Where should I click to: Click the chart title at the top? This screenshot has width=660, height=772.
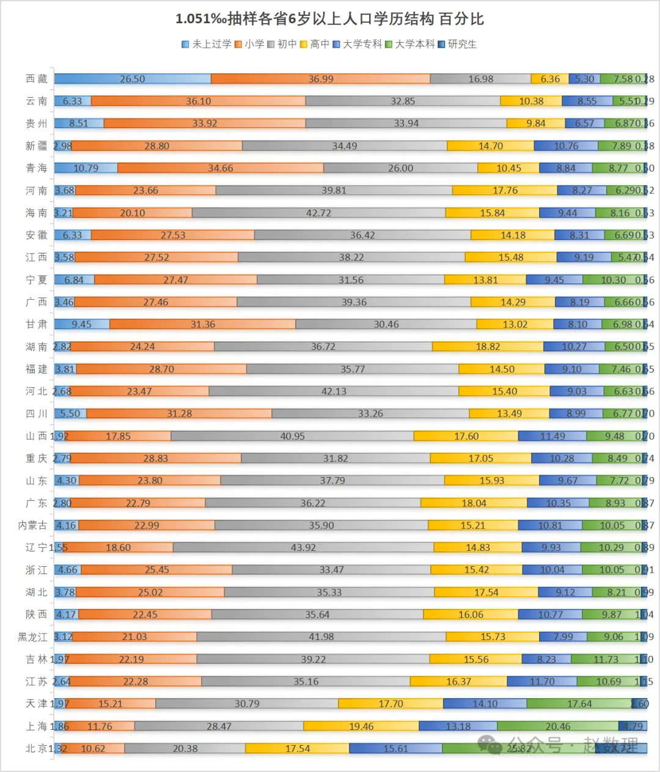(x=329, y=19)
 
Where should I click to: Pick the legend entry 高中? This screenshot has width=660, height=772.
(x=315, y=44)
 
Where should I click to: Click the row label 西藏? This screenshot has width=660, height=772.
(x=36, y=79)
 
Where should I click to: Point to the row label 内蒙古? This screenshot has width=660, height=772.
(x=32, y=525)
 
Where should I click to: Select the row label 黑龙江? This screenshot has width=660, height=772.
(x=32, y=637)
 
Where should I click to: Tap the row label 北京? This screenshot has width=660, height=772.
(x=36, y=748)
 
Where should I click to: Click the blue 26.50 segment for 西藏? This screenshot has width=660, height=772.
(x=133, y=79)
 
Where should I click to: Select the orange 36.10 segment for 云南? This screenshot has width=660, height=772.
(x=199, y=101)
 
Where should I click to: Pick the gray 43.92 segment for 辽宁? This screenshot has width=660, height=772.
(x=303, y=547)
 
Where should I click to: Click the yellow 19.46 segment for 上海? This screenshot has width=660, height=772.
(x=361, y=726)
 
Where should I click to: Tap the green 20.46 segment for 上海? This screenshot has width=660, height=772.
(x=558, y=726)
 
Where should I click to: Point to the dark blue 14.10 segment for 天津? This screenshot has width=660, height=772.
(x=485, y=704)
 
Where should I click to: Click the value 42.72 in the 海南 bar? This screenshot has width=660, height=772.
(x=318, y=213)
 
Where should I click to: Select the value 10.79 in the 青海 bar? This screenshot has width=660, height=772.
(x=86, y=168)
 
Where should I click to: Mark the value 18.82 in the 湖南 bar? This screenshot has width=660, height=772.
(x=488, y=346)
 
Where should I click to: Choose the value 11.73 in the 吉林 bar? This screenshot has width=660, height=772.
(x=606, y=659)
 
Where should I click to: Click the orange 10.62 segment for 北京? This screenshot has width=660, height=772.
(x=93, y=748)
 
